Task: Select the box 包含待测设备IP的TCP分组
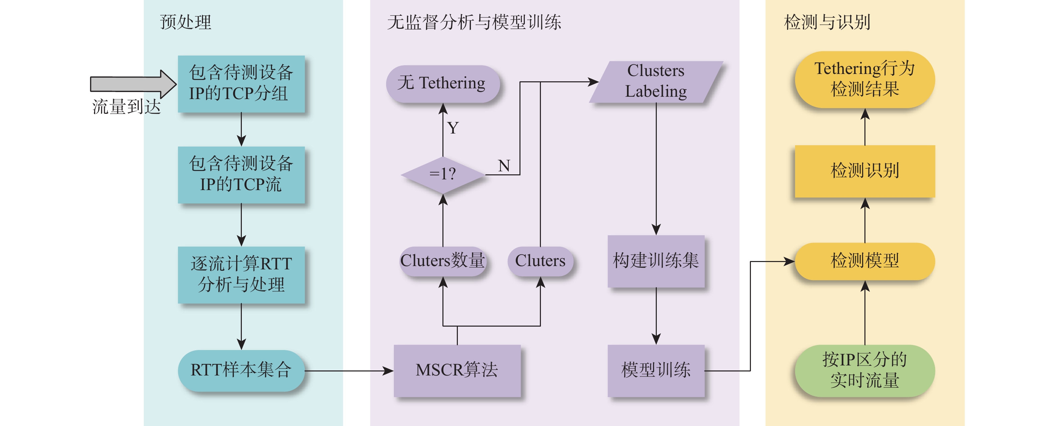pyautogui.click(x=241, y=83)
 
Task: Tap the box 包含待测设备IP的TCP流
pyautogui.click(x=241, y=174)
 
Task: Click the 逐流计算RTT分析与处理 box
pyautogui.click(x=241, y=274)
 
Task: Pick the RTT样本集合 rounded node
pyautogui.click(x=241, y=370)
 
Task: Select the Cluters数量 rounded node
pyautogui.click(x=442, y=261)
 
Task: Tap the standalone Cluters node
pyautogui.click(x=540, y=261)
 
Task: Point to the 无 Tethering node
pyautogui.click(x=442, y=83)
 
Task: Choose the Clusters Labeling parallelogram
pyautogui.click(x=656, y=81)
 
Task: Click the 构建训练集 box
pyautogui.click(x=656, y=261)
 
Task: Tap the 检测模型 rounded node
pyautogui.click(x=864, y=261)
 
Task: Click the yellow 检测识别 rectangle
pyautogui.click(x=864, y=171)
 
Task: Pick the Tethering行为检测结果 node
pyautogui.click(x=864, y=79)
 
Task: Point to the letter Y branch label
pyautogui.click(x=453, y=128)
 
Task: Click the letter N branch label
pyautogui.click(x=504, y=166)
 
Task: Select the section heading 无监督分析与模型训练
pyautogui.click(x=474, y=22)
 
